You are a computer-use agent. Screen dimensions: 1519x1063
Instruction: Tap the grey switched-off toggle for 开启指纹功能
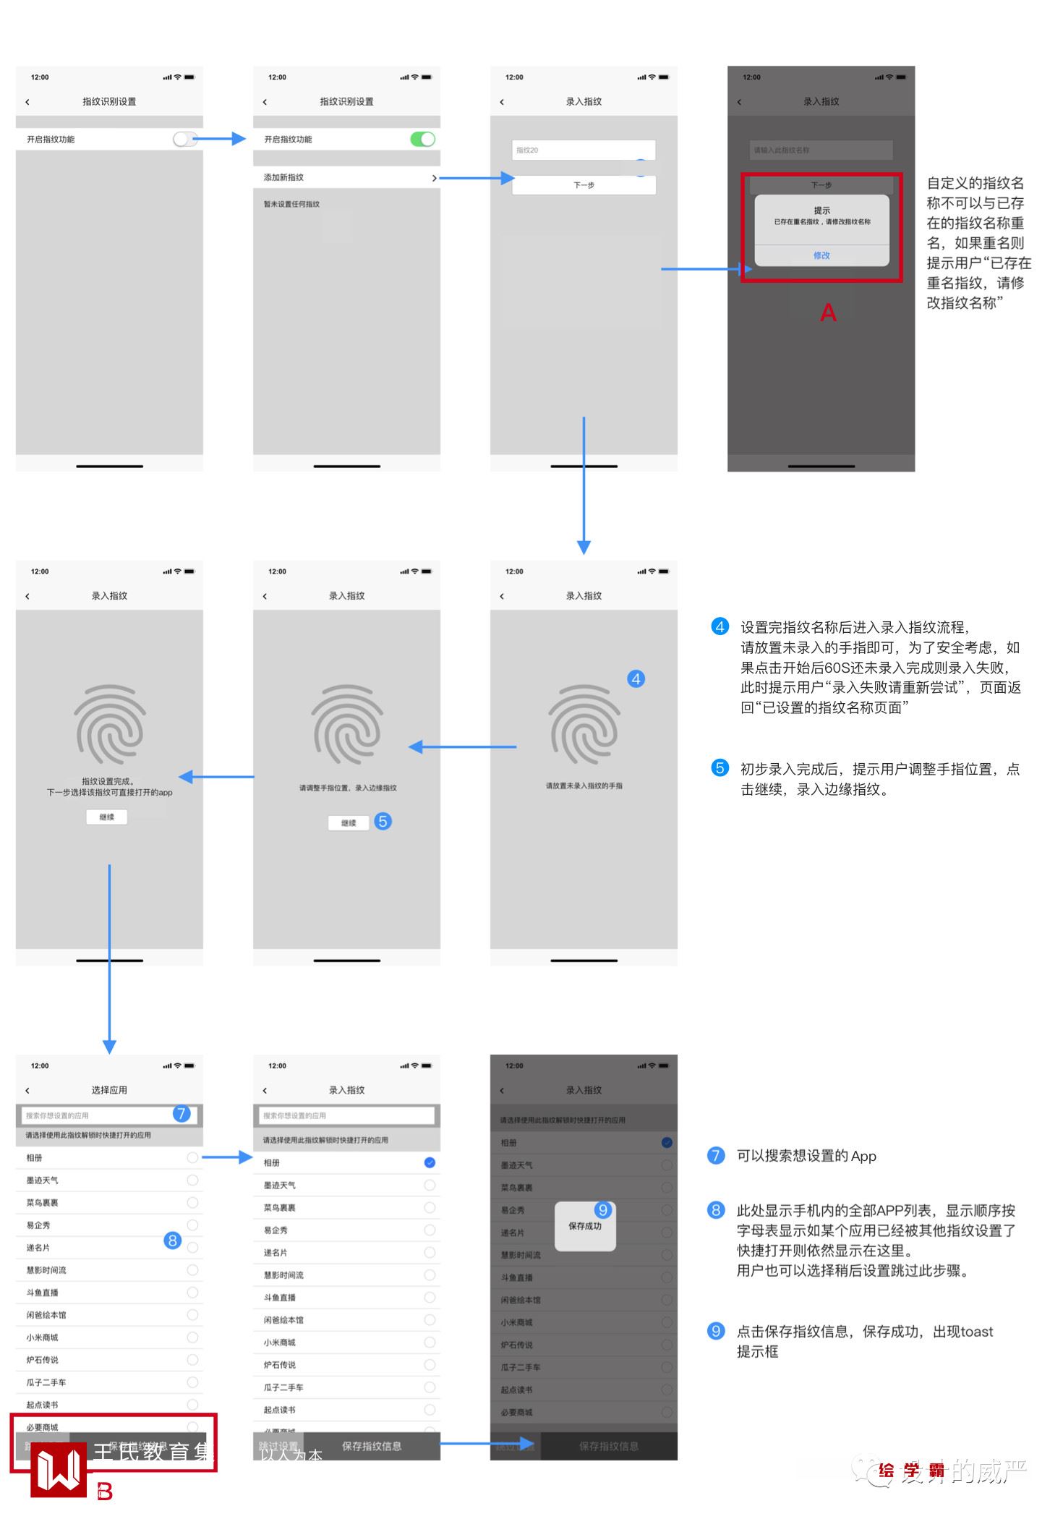point(184,139)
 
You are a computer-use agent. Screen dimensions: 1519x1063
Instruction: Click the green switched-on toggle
point(423,139)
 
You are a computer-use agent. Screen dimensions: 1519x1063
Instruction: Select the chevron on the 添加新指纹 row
point(434,178)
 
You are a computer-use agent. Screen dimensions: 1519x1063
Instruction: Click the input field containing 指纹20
point(583,150)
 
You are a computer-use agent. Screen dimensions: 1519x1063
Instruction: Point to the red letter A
point(828,312)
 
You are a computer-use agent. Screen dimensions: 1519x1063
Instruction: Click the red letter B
point(105,1492)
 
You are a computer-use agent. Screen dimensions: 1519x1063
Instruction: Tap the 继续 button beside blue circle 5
point(349,822)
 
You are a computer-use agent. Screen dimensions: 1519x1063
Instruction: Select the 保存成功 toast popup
point(585,1226)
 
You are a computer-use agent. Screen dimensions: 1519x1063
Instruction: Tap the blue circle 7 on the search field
point(182,1113)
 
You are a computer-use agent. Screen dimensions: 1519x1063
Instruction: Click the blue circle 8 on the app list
point(172,1241)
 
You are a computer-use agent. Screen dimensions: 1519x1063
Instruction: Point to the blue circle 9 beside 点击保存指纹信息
point(716,1331)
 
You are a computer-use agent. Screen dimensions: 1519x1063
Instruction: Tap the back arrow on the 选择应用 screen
point(27,1090)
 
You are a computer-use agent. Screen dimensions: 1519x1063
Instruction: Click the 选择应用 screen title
point(109,1090)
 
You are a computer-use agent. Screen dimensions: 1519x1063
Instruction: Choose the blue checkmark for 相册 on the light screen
point(430,1162)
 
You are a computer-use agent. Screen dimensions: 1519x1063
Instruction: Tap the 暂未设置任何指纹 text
point(291,204)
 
